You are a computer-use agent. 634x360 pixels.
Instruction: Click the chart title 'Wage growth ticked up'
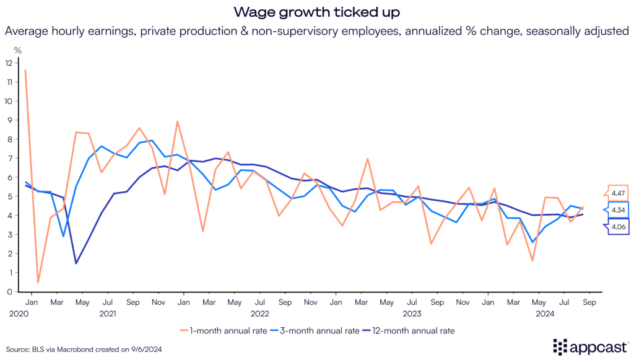[x=317, y=11]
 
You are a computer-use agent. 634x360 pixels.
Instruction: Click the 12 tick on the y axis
[x=8, y=63]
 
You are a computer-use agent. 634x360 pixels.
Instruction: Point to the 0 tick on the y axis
[x=9, y=291]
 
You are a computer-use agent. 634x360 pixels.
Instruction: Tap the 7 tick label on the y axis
[x=9, y=158]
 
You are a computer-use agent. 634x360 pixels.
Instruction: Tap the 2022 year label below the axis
[x=259, y=314]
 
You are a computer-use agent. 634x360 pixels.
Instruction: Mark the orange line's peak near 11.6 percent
[x=25, y=70]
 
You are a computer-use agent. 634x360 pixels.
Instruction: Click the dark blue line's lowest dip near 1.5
[x=76, y=263]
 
